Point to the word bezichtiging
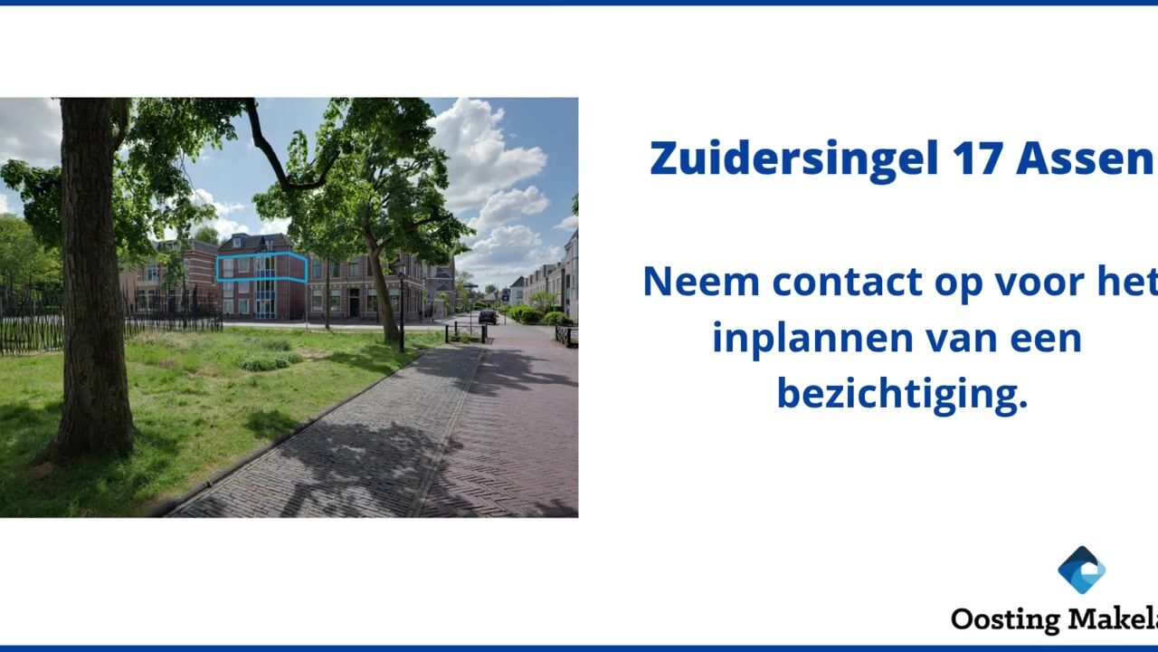(x=902, y=393)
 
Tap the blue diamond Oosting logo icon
(x=1081, y=570)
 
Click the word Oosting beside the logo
(x=1005, y=619)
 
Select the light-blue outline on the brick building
(x=261, y=268)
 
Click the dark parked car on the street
(x=488, y=317)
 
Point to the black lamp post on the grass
(x=402, y=308)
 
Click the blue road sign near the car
(x=505, y=294)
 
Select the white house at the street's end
(x=517, y=291)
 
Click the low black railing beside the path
(x=565, y=336)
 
